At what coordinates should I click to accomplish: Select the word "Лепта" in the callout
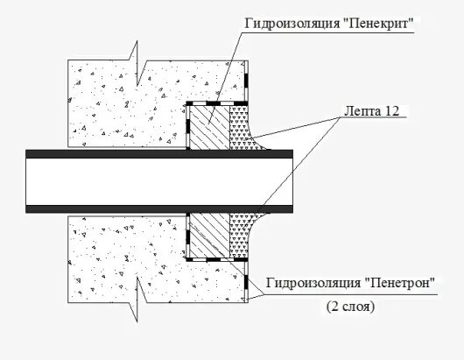coord(354,109)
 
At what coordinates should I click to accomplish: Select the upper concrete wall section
coord(123,101)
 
